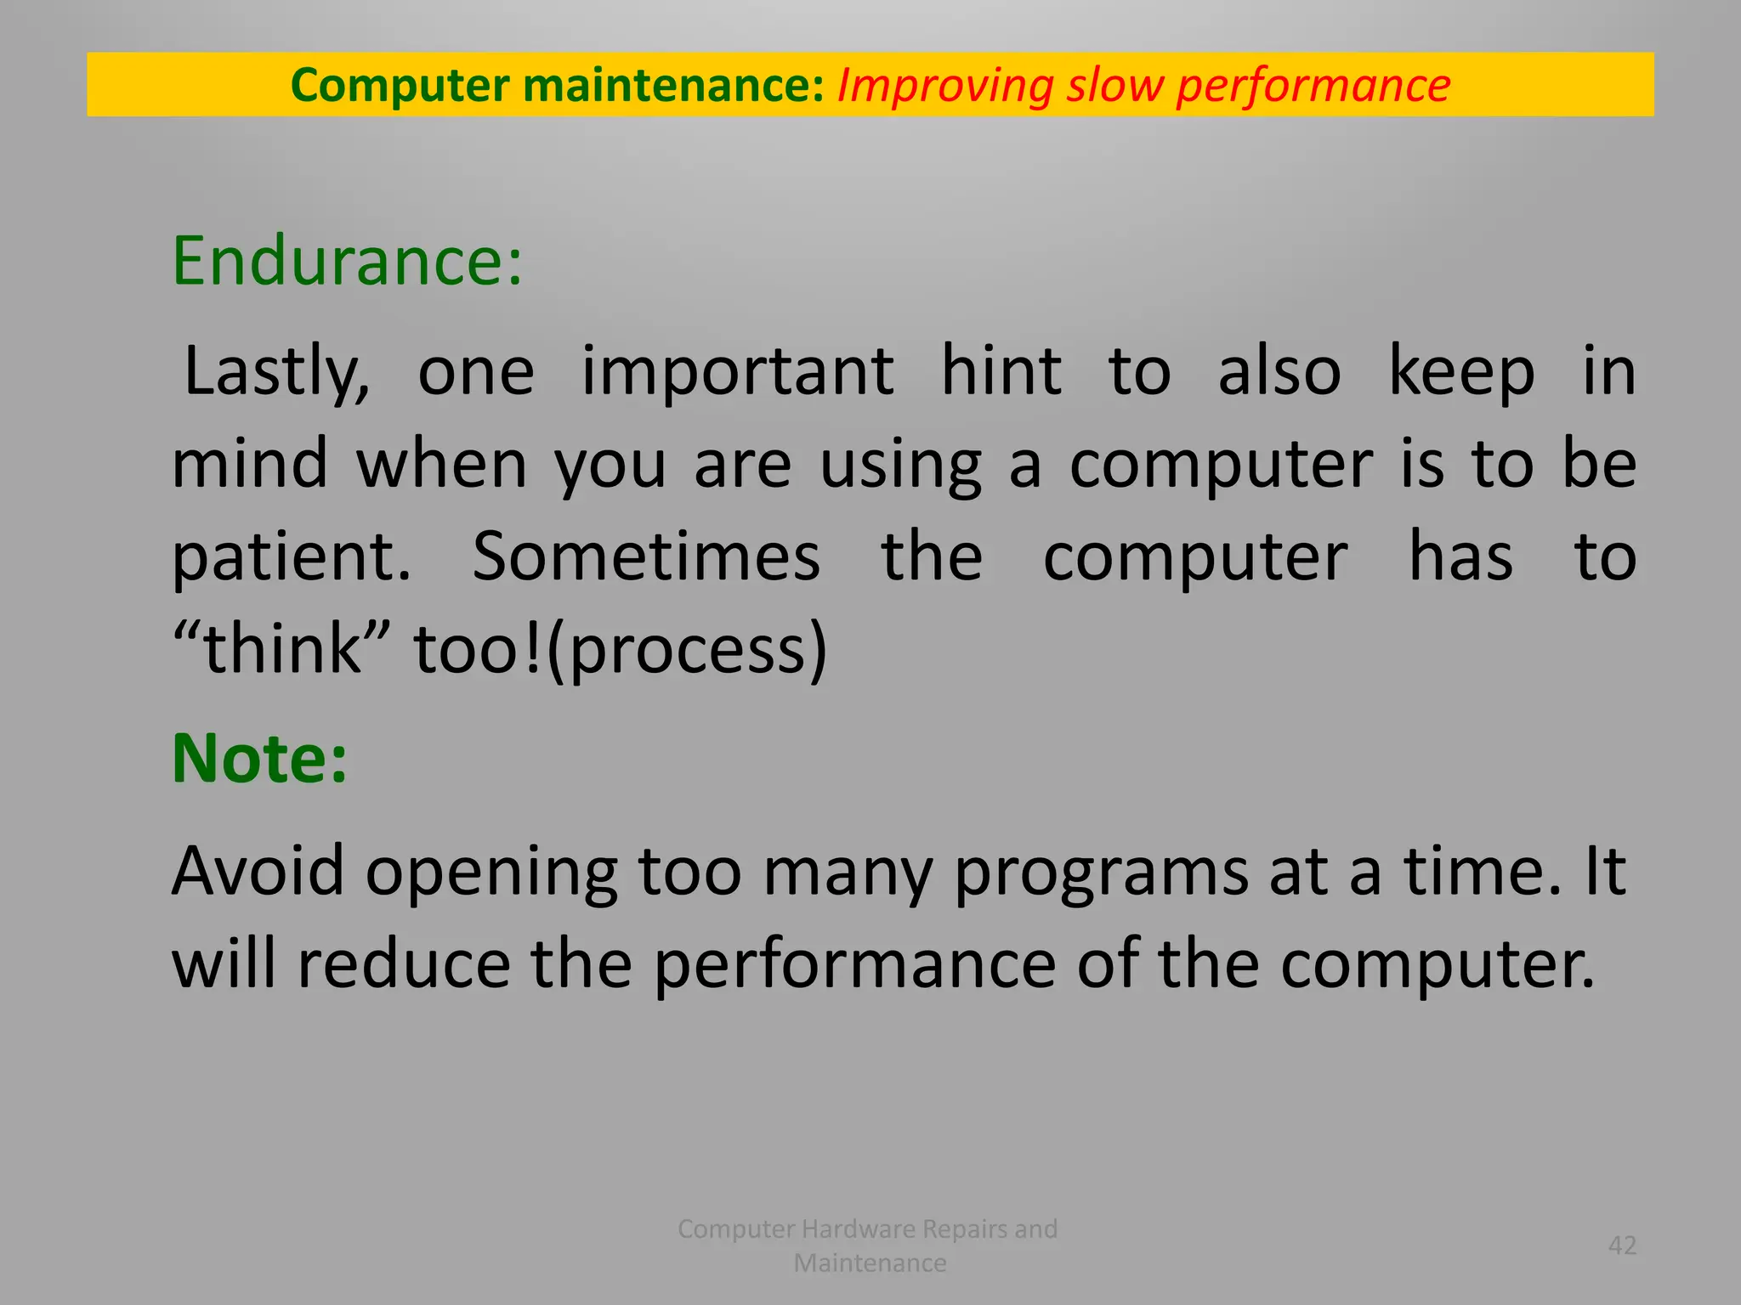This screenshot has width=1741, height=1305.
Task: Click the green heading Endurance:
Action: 347,261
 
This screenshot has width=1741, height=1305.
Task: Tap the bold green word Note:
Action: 259,758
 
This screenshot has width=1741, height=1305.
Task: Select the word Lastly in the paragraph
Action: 275,371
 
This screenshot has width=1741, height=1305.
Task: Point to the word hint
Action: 1001,371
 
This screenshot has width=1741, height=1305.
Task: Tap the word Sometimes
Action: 646,557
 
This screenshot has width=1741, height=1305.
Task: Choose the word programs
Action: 1101,873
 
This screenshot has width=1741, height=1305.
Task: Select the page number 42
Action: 1622,1246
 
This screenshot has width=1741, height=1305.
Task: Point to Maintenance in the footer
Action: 870,1263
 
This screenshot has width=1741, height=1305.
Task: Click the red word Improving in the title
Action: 944,86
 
